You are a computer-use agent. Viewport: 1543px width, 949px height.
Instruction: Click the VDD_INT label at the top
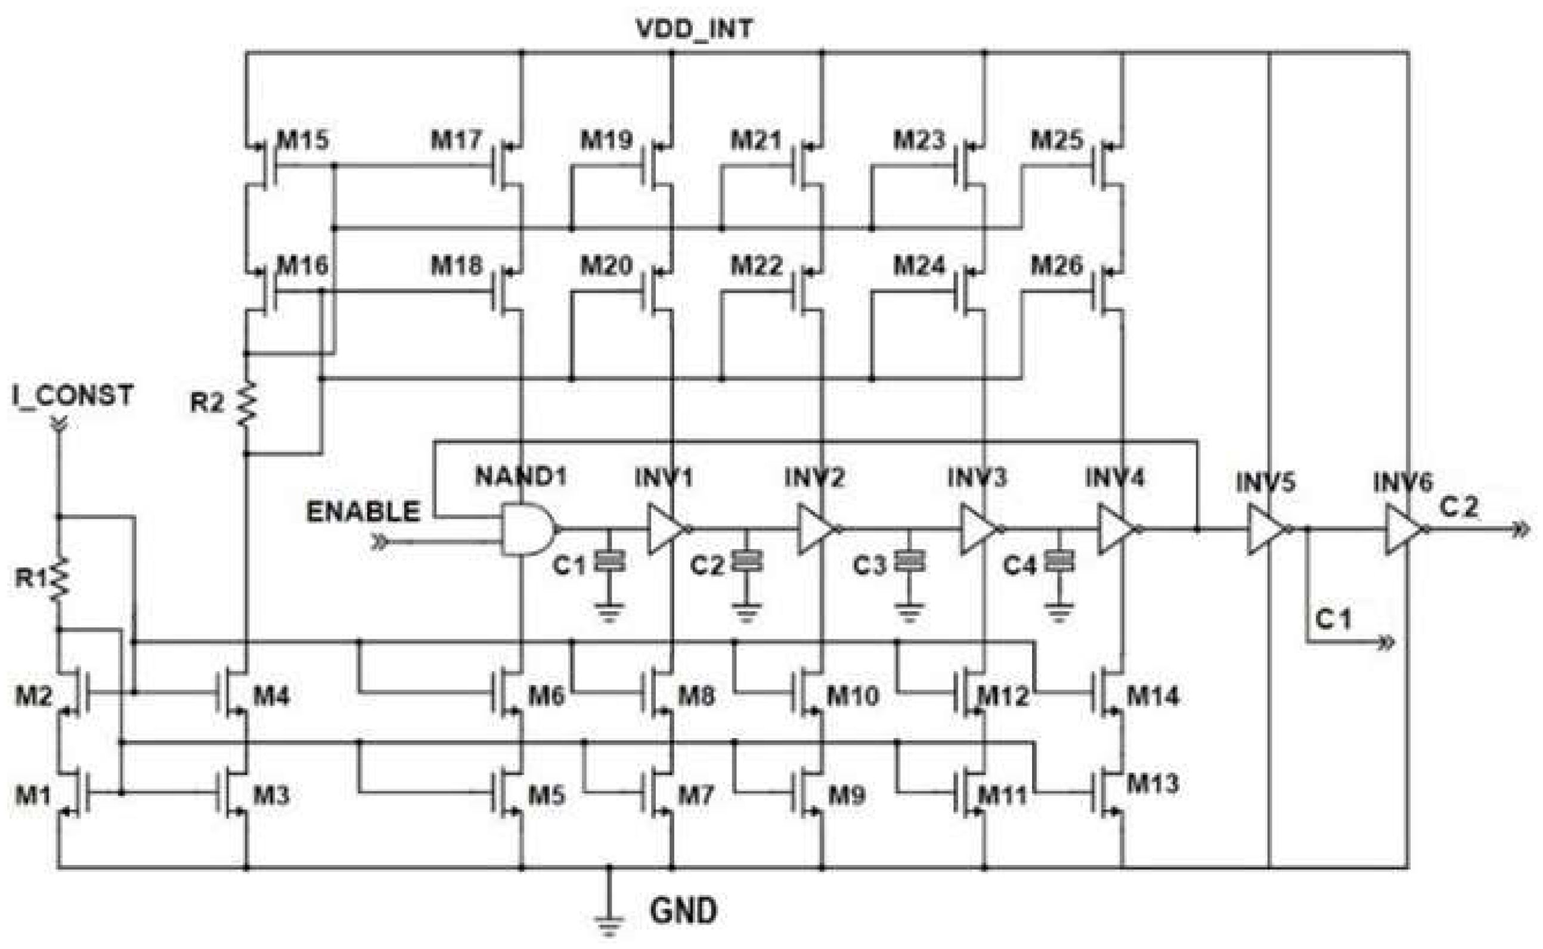click(x=693, y=29)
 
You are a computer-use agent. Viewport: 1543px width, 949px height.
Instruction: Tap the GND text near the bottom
click(x=683, y=911)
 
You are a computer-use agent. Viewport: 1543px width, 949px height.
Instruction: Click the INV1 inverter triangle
click(x=667, y=529)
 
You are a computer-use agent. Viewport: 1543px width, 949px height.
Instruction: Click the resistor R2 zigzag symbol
click(x=246, y=404)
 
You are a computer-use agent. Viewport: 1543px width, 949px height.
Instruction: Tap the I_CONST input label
click(x=73, y=395)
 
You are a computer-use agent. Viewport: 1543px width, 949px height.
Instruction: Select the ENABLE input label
click(x=363, y=511)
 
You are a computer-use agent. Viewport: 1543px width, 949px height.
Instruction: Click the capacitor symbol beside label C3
click(x=909, y=560)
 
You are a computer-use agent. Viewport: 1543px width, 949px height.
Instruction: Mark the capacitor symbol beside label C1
click(x=609, y=560)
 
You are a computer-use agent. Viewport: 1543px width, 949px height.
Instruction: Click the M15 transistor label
click(x=302, y=139)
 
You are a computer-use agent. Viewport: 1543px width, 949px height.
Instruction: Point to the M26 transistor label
click(x=1056, y=265)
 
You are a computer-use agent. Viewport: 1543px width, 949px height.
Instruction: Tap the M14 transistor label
click(x=1152, y=696)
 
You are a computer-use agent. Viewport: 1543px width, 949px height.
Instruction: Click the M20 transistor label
click(x=606, y=265)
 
